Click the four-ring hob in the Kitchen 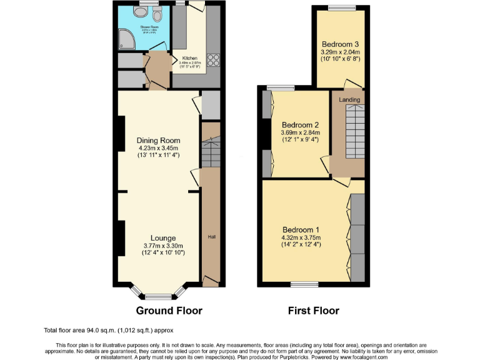214,61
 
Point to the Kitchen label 189,58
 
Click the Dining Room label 158,140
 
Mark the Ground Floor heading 169,310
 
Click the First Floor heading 313,310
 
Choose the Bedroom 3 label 340,44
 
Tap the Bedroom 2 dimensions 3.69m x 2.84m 300,132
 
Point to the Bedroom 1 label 301,229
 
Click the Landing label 349,99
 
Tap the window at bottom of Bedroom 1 304,285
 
